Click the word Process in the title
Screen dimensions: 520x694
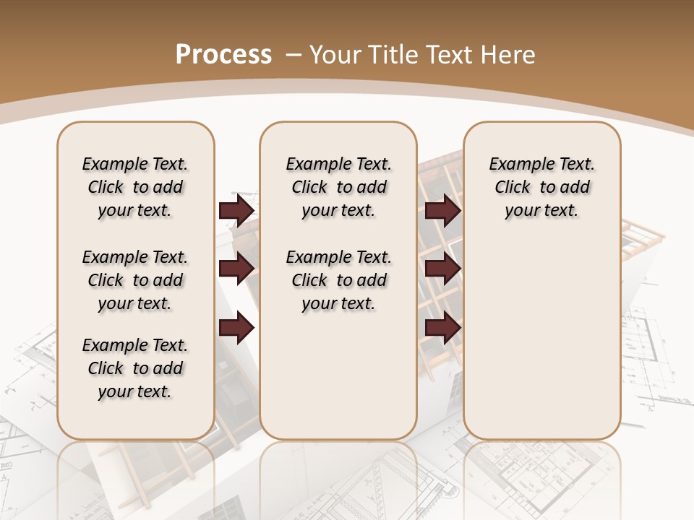pos(223,54)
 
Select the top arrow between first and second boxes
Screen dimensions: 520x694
pos(236,210)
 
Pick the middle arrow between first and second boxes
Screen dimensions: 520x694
pos(236,269)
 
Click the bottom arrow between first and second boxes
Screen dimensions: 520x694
pos(236,328)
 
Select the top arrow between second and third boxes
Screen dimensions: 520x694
pos(443,210)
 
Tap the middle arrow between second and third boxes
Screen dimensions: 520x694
pos(443,269)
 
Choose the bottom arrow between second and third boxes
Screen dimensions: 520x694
pos(443,328)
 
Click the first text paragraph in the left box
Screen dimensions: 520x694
pos(135,187)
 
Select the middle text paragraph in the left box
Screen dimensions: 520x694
pos(135,280)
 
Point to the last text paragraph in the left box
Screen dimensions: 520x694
pos(135,368)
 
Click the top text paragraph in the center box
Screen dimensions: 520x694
pos(338,187)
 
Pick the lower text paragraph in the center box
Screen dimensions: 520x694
pos(338,280)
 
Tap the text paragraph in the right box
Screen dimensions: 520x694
pos(541,187)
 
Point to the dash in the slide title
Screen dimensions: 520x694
pos(294,54)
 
